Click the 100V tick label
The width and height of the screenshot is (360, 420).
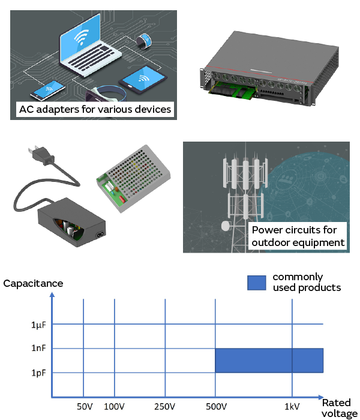[x=113, y=407]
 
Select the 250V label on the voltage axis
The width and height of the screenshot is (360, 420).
[x=164, y=407]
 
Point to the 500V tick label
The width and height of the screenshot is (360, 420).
[x=215, y=407]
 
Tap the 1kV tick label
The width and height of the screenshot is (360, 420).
[x=292, y=407]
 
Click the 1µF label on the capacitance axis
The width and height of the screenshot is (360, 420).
[x=38, y=325]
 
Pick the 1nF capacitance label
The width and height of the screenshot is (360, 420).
[x=38, y=348]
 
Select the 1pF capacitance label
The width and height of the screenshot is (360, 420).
[x=38, y=373]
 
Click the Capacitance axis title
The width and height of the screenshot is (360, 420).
[x=33, y=283]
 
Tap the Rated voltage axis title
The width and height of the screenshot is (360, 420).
[x=338, y=408]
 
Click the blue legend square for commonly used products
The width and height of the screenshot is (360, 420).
[x=256, y=283]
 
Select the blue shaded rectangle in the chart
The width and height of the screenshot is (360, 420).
[x=269, y=361]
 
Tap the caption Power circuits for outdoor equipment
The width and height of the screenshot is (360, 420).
[x=298, y=236]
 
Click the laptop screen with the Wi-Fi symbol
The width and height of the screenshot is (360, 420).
[x=85, y=40]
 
